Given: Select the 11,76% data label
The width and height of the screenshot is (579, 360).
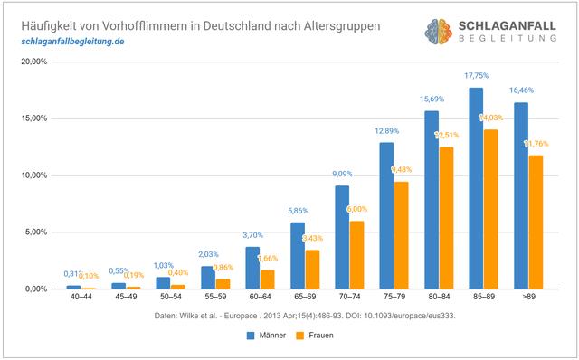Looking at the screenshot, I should point(536,144).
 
